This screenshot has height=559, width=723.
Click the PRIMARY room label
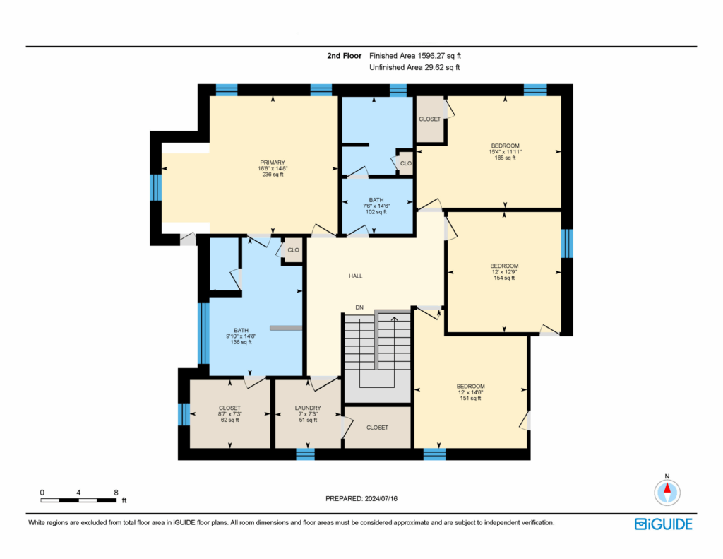click(x=273, y=163)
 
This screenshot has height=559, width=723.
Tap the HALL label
click(x=356, y=276)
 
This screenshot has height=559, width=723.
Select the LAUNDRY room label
click(x=308, y=408)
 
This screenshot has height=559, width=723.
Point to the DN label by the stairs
click(x=359, y=307)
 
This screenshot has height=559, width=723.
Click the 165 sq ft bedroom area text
click(x=505, y=158)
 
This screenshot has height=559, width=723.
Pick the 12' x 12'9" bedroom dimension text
click(x=504, y=272)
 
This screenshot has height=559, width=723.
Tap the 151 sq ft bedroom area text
click(x=470, y=399)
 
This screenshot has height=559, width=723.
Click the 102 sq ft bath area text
click(x=376, y=212)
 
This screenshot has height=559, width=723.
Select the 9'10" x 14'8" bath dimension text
click(x=241, y=336)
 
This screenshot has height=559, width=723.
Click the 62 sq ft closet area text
click(x=229, y=420)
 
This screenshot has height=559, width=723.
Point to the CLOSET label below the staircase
click(x=377, y=428)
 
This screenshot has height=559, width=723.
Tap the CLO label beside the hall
click(x=293, y=250)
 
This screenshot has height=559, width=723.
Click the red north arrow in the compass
click(x=667, y=488)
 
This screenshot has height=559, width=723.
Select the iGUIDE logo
click(x=664, y=524)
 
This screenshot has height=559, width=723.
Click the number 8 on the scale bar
click(x=116, y=493)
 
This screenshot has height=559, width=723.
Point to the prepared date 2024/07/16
click(x=381, y=498)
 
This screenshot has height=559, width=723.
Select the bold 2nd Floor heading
click(x=345, y=56)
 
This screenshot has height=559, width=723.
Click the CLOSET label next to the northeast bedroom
click(x=430, y=119)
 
